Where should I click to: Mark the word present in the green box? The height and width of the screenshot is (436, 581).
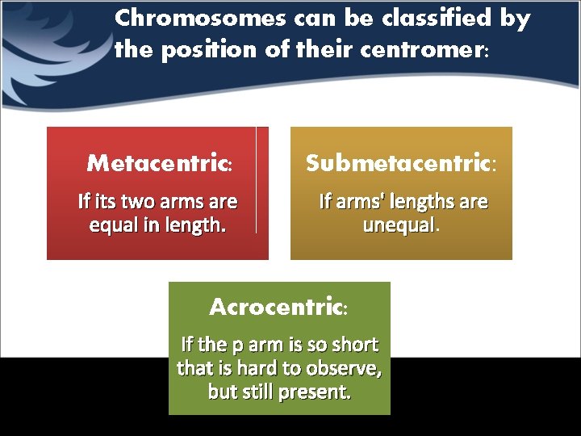point(314,393)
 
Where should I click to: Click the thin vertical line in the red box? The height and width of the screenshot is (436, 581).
point(256,179)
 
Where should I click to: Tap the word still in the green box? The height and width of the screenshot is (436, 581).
point(254,393)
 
